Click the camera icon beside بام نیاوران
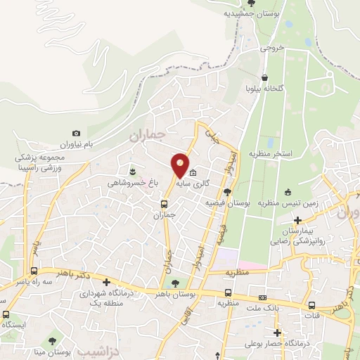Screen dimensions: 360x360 pyautogui.click(x=77, y=133)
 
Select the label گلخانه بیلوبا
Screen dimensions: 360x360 pyautogui.click(x=264, y=89)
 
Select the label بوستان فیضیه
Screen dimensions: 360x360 pyautogui.click(x=229, y=202)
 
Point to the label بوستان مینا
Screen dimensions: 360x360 pyautogui.click(x=70, y=351)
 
